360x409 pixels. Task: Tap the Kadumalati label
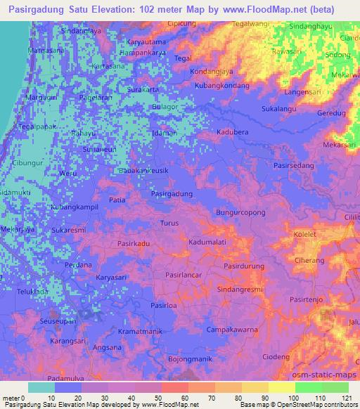tap(207, 242)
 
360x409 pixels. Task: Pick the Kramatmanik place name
tap(140, 330)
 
